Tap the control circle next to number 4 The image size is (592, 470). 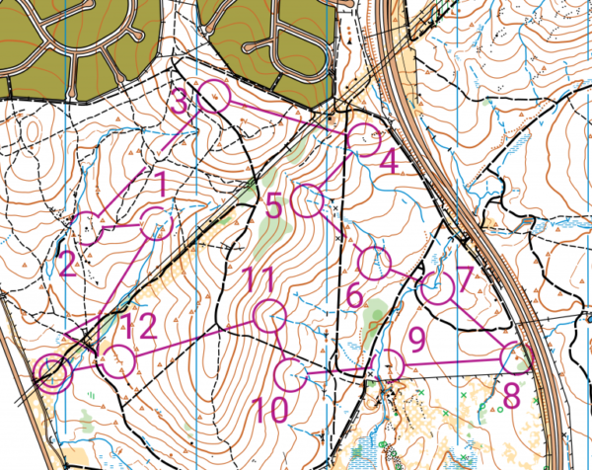coord(365,140)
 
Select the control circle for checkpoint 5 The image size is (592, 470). coord(310,200)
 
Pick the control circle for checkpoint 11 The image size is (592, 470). coord(268,318)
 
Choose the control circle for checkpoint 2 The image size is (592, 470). coord(90,228)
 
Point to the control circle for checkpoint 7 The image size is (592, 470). coord(437,289)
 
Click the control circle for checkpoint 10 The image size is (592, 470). coord(290,375)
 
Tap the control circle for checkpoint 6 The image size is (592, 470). coord(374,263)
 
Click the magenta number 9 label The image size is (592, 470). coord(416,341)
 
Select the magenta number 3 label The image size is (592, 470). coord(179,102)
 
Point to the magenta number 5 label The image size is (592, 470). coord(274,207)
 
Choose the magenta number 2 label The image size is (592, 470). coord(67,264)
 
